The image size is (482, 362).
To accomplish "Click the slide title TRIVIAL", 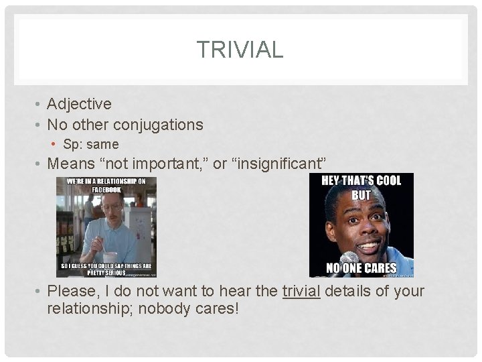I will point(240,49).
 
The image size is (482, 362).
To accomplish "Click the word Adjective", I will point(79,104).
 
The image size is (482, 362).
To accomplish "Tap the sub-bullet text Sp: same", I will point(90,144).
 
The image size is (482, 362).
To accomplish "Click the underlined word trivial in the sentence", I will point(301,292).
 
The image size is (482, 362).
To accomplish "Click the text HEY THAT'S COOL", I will point(361,181).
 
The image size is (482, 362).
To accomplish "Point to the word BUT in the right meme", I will point(361,195).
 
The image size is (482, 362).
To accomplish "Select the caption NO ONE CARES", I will point(361,269).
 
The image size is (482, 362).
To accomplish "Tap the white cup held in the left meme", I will point(110,257).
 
